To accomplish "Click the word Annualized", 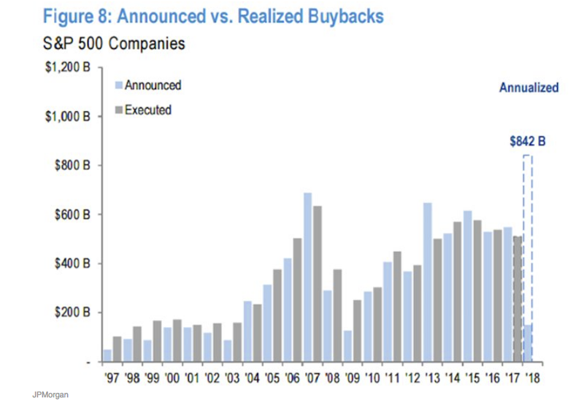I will click(x=529, y=88).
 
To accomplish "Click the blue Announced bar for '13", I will click(x=427, y=281).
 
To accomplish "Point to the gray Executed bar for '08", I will click(x=337, y=315).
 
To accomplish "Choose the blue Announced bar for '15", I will click(x=467, y=286).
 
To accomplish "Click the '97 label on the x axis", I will click(x=112, y=379).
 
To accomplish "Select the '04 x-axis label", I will click(x=252, y=379).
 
